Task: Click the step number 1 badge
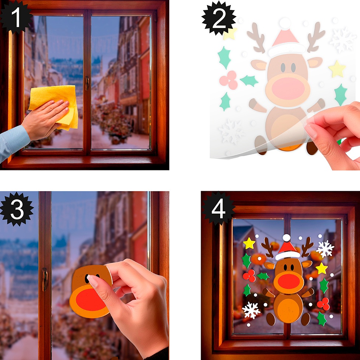pyautogui.click(x=15, y=17)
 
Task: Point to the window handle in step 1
pyautogui.click(x=87, y=83)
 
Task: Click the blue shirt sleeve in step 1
pyautogui.click(x=13, y=142)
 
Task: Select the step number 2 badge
pyautogui.click(x=219, y=18)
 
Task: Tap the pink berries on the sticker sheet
pyautogui.click(x=229, y=80)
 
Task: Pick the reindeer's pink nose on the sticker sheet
pyautogui.click(x=288, y=88)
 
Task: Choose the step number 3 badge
pyautogui.click(x=17, y=209)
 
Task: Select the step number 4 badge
pyautogui.click(x=218, y=208)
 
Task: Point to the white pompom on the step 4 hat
pyautogui.click(x=287, y=238)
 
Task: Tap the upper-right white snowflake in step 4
pyautogui.click(x=325, y=249)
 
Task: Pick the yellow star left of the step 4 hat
pyautogui.click(x=249, y=243)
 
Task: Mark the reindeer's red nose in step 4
pyautogui.click(x=289, y=281)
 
